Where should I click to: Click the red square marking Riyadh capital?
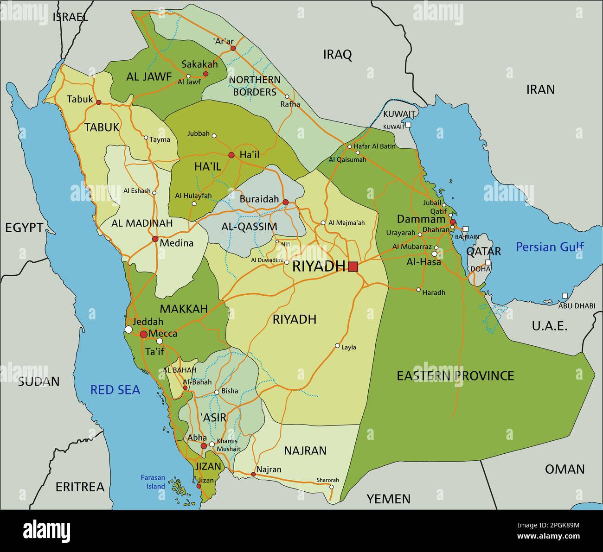[353, 266]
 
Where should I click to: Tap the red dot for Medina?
[155, 239]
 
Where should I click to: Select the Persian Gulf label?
[550, 247]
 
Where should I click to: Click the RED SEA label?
[115, 390]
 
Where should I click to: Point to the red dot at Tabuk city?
[98, 102]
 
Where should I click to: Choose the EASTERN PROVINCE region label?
[455, 375]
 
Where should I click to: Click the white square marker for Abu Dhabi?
[565, 296]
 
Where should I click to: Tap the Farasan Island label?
[153, 482]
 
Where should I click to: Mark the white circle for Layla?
[337, 346]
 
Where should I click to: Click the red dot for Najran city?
[253, 474]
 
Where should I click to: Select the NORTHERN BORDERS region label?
[255, 86]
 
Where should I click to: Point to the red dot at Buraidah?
[286, 202]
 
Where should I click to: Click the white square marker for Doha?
[488, 262]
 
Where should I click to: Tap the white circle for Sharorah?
[331, 487]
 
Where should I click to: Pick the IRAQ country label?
[337, 55]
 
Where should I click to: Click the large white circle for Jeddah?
[128, 330]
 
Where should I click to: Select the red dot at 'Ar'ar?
[233, 48]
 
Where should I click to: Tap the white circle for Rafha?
[287, 97]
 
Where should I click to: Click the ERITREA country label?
[80, 487]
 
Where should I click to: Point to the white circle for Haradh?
[418, 290]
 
